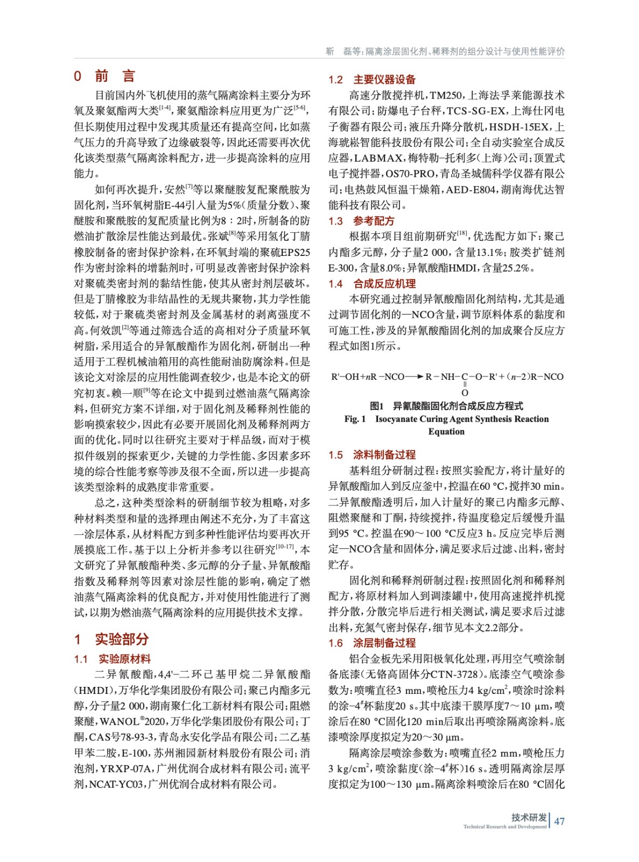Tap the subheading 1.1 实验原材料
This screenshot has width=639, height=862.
113,659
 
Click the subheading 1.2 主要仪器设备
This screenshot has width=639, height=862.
372,80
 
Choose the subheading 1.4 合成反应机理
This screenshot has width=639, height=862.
372,284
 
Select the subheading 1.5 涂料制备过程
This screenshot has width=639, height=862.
372,455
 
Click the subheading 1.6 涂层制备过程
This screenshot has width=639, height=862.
372,643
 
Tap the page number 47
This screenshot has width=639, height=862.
559,821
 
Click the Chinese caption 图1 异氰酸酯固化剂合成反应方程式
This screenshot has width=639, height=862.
446,406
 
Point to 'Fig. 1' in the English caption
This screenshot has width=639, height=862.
355,419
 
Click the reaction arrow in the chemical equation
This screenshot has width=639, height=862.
414,377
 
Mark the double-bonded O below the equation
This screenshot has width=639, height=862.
465,393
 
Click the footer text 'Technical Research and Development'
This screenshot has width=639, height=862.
504,826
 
